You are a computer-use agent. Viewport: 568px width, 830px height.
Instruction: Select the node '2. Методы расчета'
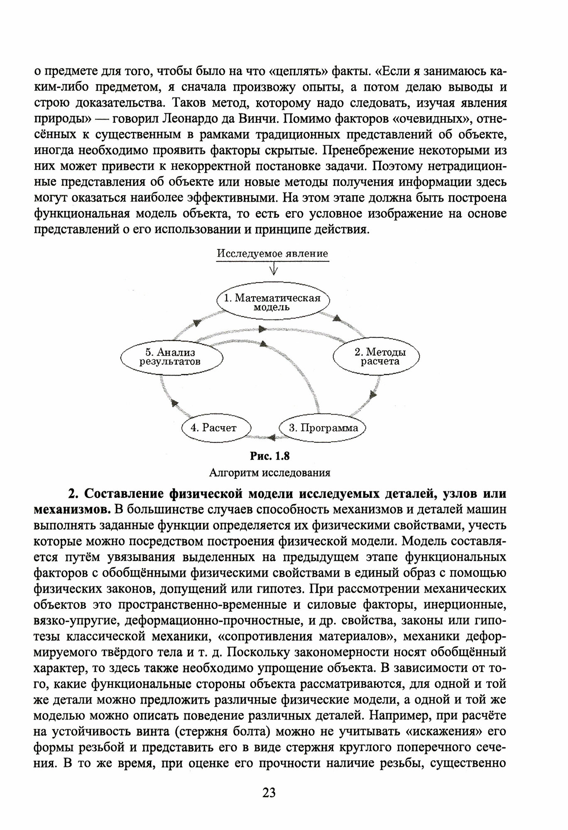coord(379,356)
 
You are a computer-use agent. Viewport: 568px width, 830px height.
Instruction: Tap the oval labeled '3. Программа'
coord(323,428)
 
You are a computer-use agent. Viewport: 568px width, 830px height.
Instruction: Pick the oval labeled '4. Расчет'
coord(216,428)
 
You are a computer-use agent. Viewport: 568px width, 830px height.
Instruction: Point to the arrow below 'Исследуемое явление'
coord(273,270)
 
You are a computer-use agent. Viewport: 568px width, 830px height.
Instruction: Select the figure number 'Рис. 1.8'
coord(269,456)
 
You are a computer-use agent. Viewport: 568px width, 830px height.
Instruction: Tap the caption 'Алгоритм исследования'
coord(269,472)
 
